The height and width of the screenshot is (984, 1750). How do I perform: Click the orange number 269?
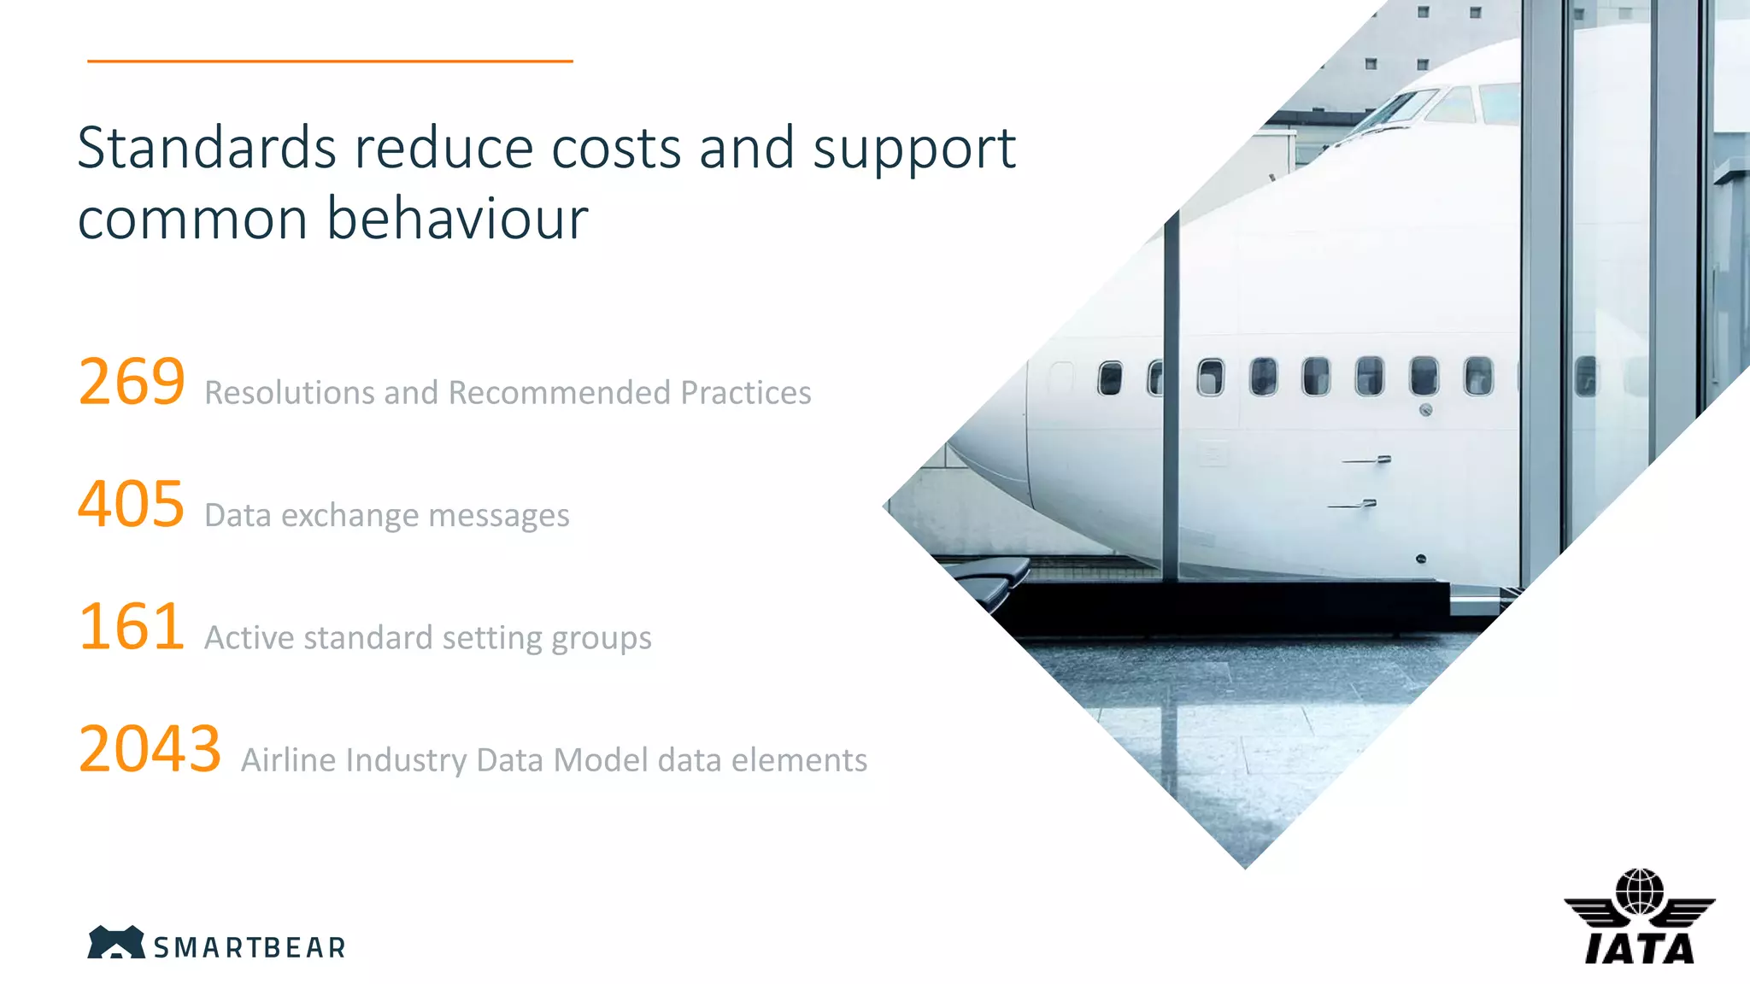click(132, 382)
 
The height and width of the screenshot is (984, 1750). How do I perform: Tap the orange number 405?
click(132, 504)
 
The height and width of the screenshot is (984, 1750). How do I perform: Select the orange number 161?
click(132, 627)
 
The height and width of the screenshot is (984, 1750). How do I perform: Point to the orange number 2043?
click(150, 749)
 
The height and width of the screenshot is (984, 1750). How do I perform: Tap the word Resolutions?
click(289, 393)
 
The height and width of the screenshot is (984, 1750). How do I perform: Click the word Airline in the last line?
click(288, 760)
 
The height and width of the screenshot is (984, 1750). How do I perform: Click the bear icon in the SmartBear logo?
click(115, 942)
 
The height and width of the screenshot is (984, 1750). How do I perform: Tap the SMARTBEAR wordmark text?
click(250, 948)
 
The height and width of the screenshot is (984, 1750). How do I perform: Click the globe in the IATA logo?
click(1639, 892)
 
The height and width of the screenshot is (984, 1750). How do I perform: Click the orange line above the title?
click(330, 61)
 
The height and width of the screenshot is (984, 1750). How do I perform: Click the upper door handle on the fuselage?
click(1367, 460)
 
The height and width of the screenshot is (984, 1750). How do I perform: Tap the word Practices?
click(745, 393)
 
